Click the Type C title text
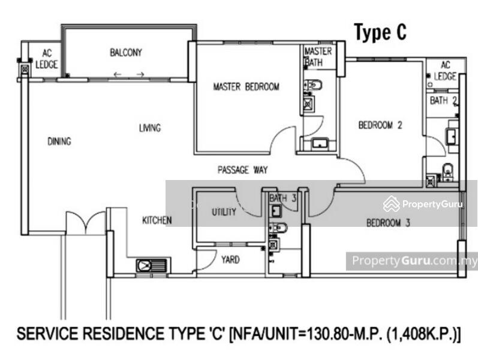click(380, 32)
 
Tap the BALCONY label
click(126, 52)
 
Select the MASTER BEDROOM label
click(246, 86)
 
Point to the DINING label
click(59, 141)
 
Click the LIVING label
click(150, 128)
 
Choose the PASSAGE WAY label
click(243, 170)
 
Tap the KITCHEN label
click(157, 220)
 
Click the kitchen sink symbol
click(152, 266)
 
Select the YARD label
click(230, 260)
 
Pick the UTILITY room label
click(224, 212)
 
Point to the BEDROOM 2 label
click(380, 125)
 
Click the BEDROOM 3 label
click(388, 223)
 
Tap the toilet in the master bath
click(313, 85)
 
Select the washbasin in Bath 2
click(450, 136)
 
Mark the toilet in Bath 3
click(278, 227)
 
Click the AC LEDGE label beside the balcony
click(46, 59)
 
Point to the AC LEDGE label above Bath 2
click(445, 70)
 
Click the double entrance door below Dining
click(86, 222)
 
